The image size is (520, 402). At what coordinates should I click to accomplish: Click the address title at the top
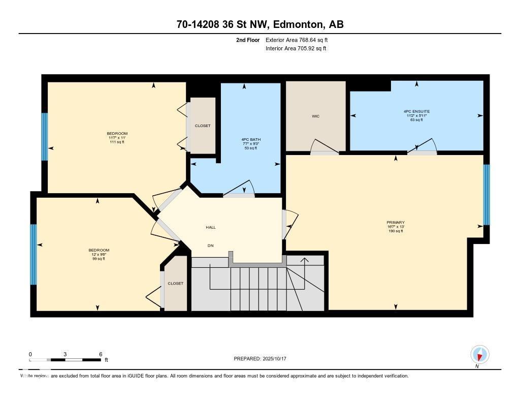pyautogui.click(x=259, y=24)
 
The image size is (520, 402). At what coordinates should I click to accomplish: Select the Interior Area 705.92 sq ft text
pyautogui.click(x=295, y=48)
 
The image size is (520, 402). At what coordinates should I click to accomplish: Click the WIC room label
pyautogui.click(x=315, y=116)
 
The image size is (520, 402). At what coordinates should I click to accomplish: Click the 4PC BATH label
pyautogui.click(x=251, y=139)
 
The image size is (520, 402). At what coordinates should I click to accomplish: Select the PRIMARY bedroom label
pyautogui.click(x=395, y=223)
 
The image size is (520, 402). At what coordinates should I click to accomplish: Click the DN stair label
pyautogui.click(x=210, y=245)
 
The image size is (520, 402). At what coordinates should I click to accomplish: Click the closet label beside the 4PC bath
pyautogui.click(x=203, y=126)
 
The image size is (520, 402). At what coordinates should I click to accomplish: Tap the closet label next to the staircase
pyautogui.click(x=175, y=283)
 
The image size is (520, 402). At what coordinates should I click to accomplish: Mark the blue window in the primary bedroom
pyautogui.click(x=486, y=195)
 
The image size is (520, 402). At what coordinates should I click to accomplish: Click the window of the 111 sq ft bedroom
pyautogui.click(x=45, y=137)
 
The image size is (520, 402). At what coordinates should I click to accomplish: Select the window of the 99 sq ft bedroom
pyautogui.click(x=34, y=254)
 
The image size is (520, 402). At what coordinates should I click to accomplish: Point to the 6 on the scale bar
pyautogui.click(x=101, y=354)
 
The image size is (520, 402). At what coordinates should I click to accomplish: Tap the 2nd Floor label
pyautogui.click(x=248, y=40)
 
